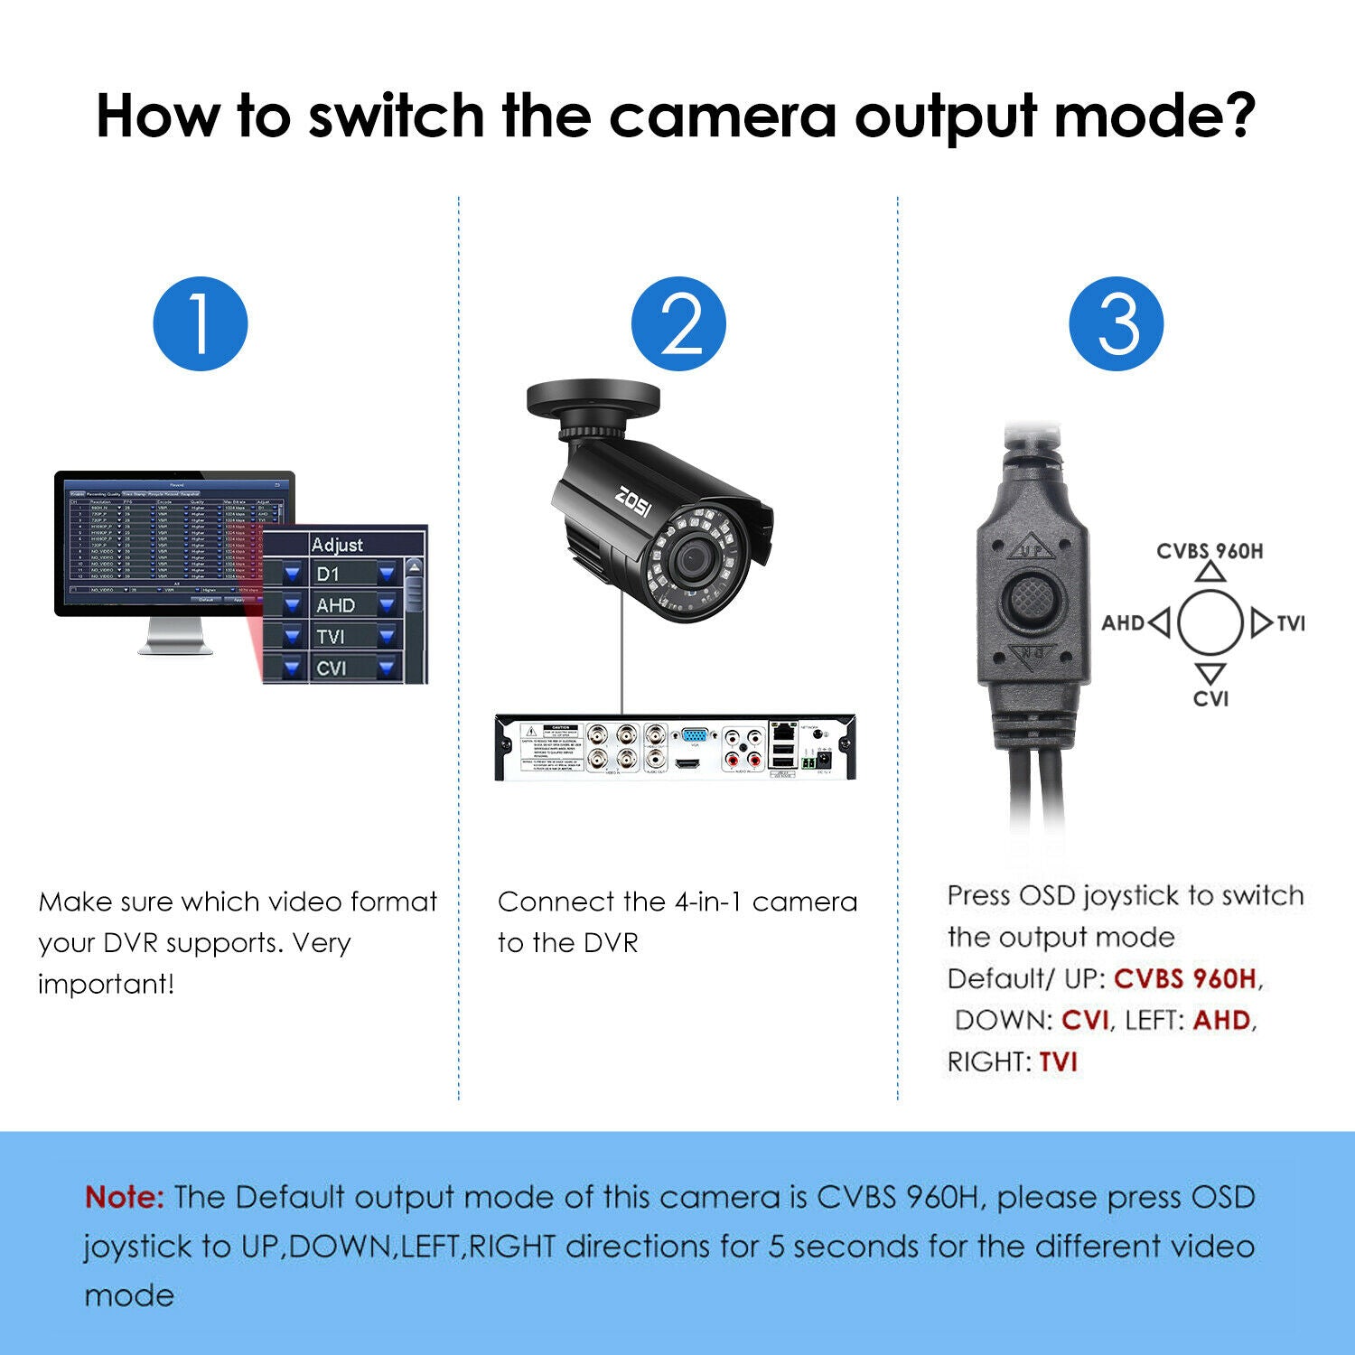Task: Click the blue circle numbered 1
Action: coord(201,323)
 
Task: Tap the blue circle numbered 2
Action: coord(678,323)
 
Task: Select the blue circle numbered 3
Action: coord(1117,323)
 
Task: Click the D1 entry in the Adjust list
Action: coord(328,574)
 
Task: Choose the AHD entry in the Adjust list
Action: coord(335,605)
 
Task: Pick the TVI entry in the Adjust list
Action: coord(331,636)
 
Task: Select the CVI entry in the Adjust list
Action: coord(331,668)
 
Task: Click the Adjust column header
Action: coord(337,545)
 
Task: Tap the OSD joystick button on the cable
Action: coord(1031,598)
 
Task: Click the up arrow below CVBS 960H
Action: coord(1210,571)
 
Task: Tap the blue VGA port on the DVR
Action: coord(694,735)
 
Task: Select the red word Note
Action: coord(124,1197)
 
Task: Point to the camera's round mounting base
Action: coord(593,399)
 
